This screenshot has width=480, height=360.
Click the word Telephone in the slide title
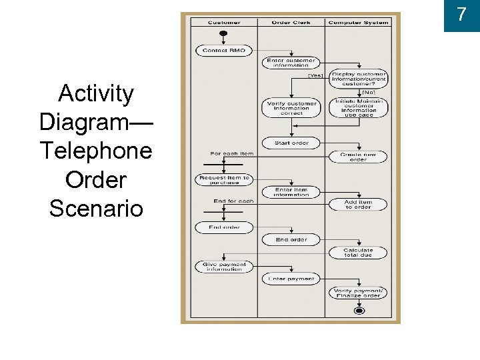pos(95,151)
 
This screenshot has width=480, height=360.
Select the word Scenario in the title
pos(96,208)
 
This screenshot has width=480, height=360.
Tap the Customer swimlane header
pos(224,23)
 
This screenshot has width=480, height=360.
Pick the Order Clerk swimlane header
pos(291,23)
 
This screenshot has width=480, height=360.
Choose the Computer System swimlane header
pos(358,23)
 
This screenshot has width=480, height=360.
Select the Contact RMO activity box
pos(223,51)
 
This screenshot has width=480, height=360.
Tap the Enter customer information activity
pos(291,63)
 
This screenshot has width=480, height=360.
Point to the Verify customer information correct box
pos(291,108)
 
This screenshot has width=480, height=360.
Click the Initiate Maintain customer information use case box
pos(359,108)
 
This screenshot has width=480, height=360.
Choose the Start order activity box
pos(291,143)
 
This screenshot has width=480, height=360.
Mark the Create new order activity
pos(359,157)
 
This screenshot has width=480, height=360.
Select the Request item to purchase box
pos(223,180)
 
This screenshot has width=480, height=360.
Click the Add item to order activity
pos(359,205)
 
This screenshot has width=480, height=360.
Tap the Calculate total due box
pos(359,253)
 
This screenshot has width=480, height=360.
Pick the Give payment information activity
pos(223,267)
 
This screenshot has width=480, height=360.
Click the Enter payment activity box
pos(291,279)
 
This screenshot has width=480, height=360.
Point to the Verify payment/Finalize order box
pos(359,293)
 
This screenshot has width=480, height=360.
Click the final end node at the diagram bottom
pos(359,311)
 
